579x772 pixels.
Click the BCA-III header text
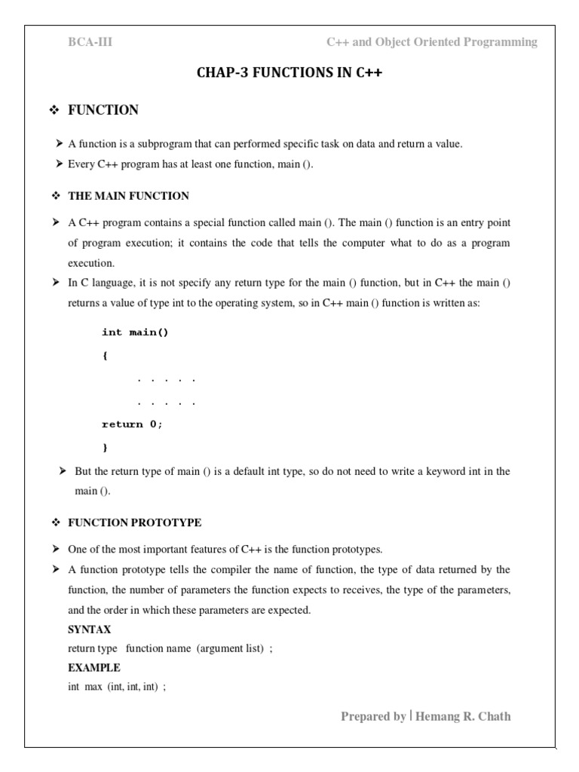click(90, 42)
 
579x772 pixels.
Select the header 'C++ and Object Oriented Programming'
click(431, 42)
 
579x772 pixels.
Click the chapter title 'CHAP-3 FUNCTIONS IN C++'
click(289, 73)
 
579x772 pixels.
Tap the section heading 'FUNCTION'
click(103, 110)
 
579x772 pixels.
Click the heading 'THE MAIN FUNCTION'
click(128, 196)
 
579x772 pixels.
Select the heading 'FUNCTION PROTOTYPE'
click(134, 522)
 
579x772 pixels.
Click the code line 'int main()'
click(135, 332)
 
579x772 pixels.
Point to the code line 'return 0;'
click(132, 424)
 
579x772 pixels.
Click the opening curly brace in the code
click(105, 356)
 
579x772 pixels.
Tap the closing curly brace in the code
click(105, 447)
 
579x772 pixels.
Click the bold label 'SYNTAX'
click(89, 630)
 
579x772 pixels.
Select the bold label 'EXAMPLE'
click(93, 667)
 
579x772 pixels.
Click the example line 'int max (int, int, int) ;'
click(117, 687)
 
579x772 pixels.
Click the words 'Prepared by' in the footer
click(373, 716)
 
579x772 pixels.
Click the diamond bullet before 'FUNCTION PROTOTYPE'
click(55, 522)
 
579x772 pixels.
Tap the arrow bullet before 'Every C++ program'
click(59, 164)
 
